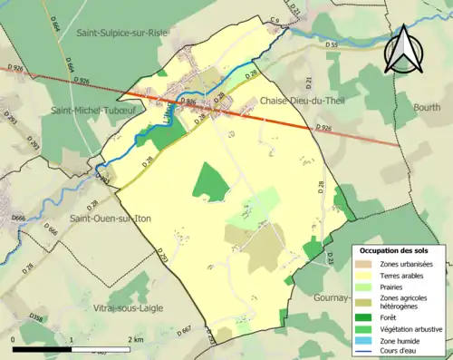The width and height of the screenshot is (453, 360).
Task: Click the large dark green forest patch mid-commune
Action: [211, 182]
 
